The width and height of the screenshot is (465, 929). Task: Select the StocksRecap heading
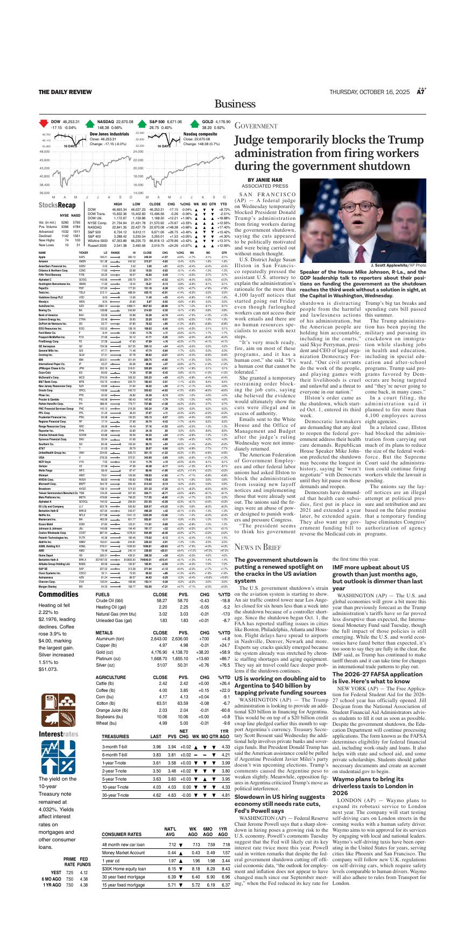[x=57, y=205]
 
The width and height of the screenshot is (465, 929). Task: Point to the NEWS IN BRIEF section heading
[x=258, y=547]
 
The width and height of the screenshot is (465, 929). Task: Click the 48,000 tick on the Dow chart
[x=45, y=152]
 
